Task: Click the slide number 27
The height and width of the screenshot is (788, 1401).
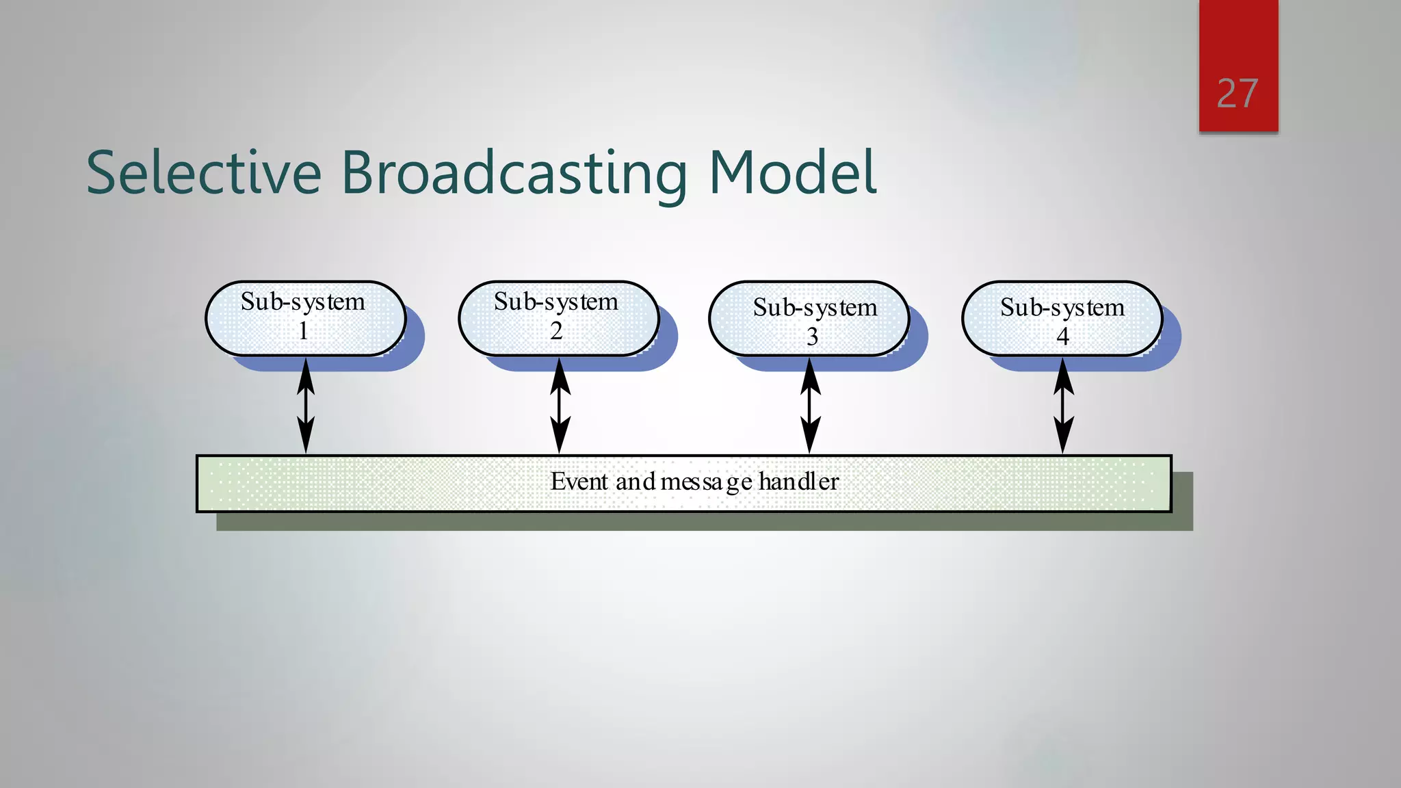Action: point(1237,94)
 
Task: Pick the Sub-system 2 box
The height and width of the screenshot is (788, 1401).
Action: point(558,318)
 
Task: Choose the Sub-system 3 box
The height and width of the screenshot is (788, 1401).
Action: point(809,318)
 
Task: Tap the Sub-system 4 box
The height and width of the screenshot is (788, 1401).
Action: point(1062,318)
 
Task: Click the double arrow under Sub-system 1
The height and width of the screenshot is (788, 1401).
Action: point(306,406)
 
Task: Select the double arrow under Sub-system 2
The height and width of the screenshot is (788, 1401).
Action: point(560,406)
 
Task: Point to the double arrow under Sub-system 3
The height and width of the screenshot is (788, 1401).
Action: point(810,406)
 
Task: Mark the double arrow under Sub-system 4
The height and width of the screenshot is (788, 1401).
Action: point(1063,406)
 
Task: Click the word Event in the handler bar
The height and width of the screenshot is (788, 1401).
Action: point(579,482)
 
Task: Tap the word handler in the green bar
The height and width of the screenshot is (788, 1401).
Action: point(798,482)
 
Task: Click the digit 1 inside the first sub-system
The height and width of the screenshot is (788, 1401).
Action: point(303,331)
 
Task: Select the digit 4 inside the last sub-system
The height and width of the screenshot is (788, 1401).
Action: point(1062,337)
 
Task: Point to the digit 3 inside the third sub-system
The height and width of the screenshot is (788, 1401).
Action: point(812,337)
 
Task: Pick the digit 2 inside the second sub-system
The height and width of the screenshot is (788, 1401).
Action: point(556,331)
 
